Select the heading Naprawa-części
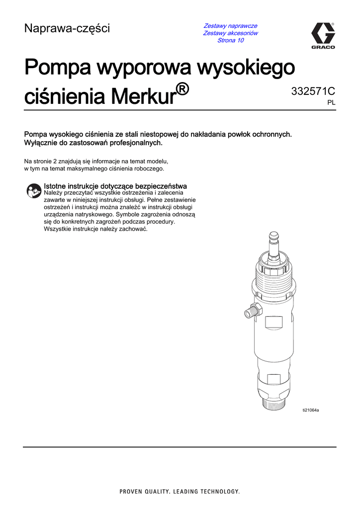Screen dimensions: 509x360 click(x=67, y=29)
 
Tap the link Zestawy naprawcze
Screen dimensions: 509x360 click(x=230, y=25)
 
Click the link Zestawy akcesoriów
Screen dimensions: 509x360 click(x=230, y=33)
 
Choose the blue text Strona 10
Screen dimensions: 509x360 click(x=230, y=40)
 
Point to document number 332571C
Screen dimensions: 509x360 click(x=313, y=91)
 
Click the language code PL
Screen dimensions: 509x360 click(x=331, y=102)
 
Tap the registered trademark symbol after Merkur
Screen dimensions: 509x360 click(x=182, y=89)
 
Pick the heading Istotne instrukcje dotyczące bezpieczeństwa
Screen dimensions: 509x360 click(x=115, y=186)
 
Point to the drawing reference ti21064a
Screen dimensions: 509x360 click(x=311, y=410)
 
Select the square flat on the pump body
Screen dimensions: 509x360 click(x=274, y=322)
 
